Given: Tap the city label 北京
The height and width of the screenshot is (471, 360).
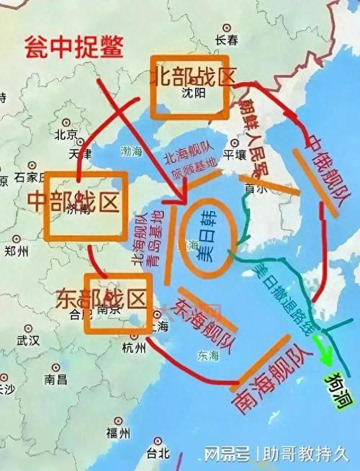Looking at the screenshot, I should pyautogui.click(x=66, y=134).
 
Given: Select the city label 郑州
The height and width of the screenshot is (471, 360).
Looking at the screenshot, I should pyautogui.click(x=16, y=251).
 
